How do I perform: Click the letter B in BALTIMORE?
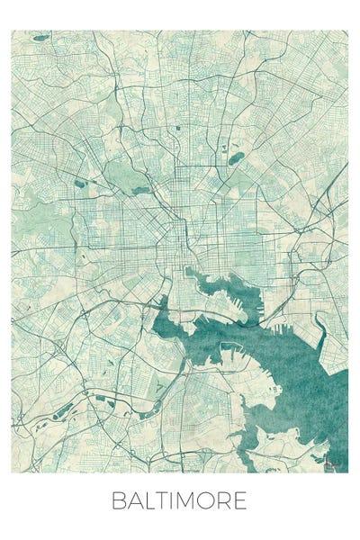[x=119, y=501]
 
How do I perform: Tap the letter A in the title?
[x=135, y=501]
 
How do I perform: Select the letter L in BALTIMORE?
[x=150, y=501]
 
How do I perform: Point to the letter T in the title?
[x=163, y=501]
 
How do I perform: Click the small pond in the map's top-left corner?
[x=40, y=38]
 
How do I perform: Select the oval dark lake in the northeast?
[x=236, y=159]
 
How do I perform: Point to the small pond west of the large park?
[x=80, y=184]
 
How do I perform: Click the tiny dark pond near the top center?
[x=178, y=128]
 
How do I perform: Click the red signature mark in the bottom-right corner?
[x=336, y=464]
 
